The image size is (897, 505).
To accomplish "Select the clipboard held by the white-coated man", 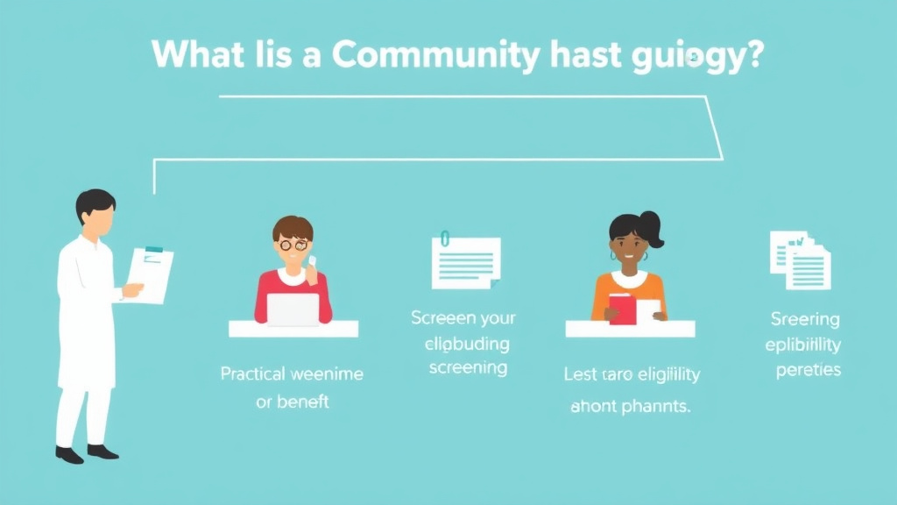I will click(x=152, y=274).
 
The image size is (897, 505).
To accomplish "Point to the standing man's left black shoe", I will click(x=69, y=454).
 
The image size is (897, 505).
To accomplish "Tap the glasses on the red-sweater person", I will click(x=292, y=245).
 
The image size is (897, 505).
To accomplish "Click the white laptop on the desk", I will click(x=293, y=309).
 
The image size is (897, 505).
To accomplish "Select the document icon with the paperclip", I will click(x=466, y=262).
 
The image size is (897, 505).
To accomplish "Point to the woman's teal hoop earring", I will click(x=613, y=256).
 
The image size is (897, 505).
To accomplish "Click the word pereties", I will click(x=808, y=369).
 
